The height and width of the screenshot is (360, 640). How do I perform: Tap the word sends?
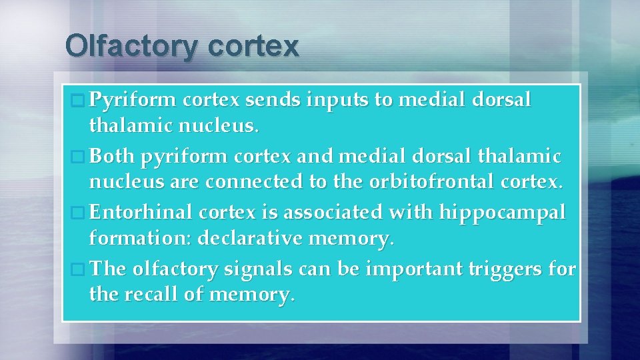[x=275, y=101]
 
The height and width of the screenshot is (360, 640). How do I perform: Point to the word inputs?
[x=339, y=101]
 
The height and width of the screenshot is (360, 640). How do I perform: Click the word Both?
[x=112, y=157]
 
